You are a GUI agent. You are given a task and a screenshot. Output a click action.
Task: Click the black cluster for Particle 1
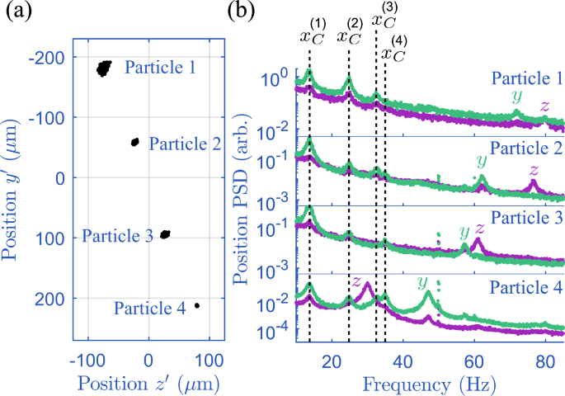coord(103,68)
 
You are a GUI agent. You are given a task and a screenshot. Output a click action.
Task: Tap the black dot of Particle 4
coord(196,305)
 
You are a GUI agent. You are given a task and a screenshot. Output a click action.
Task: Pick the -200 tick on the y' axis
coord(52,59)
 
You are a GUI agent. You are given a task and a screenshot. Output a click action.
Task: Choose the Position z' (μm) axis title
coord(148,384)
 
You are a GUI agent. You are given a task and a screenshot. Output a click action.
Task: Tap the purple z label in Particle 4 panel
coord(356,280)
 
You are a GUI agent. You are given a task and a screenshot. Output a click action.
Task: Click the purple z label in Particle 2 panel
coord(534,171)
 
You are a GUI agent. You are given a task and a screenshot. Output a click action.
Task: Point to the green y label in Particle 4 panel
coord(424,283)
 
